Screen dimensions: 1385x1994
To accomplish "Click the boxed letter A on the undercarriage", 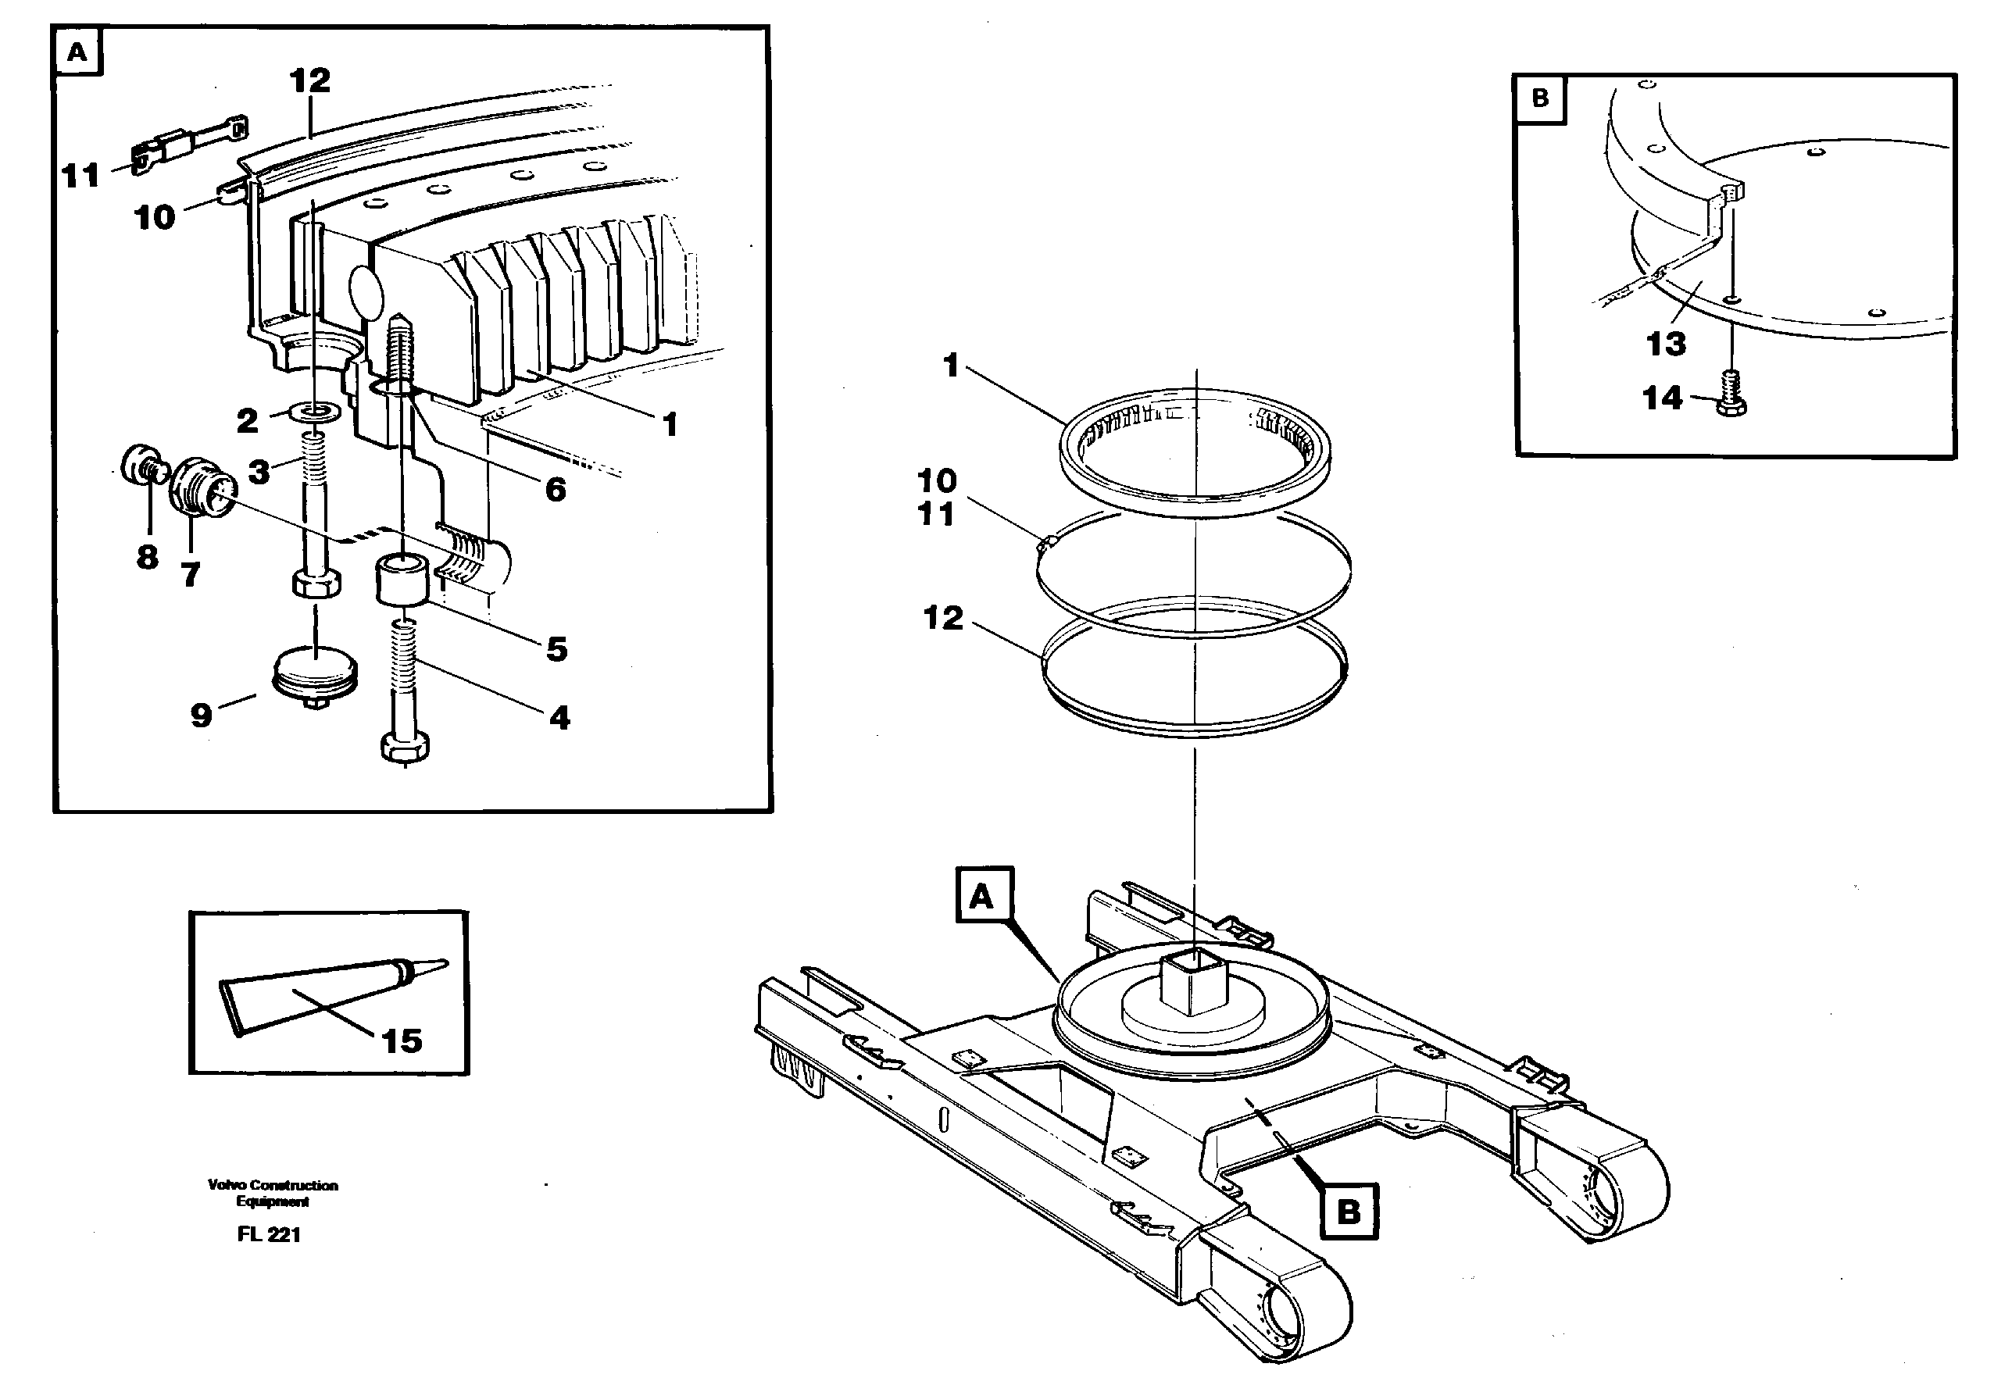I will (983, 894).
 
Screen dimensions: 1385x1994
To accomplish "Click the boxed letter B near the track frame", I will (1348, 1211).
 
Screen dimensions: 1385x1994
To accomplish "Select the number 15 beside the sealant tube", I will (402, 1041).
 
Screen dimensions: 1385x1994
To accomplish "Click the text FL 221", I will (268, 1234).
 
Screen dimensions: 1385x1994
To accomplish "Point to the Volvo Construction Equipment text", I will (273, 1192).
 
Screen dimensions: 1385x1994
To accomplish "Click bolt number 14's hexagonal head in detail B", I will (1731, 405).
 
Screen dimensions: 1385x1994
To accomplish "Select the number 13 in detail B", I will (1665, 344).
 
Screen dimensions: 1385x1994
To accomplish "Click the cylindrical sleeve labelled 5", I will (402, 580).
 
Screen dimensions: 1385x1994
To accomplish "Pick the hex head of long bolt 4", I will (405, 747).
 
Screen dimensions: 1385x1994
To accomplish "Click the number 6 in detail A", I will (555, 491).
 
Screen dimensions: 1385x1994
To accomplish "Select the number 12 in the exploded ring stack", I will (943, 618).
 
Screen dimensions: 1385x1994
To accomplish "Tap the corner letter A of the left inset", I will (77, 53).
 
